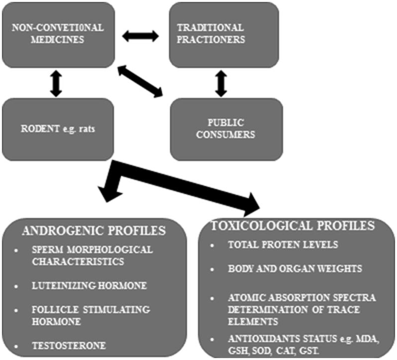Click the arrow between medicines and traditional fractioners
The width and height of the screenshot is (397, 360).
(x=140, y=36)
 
